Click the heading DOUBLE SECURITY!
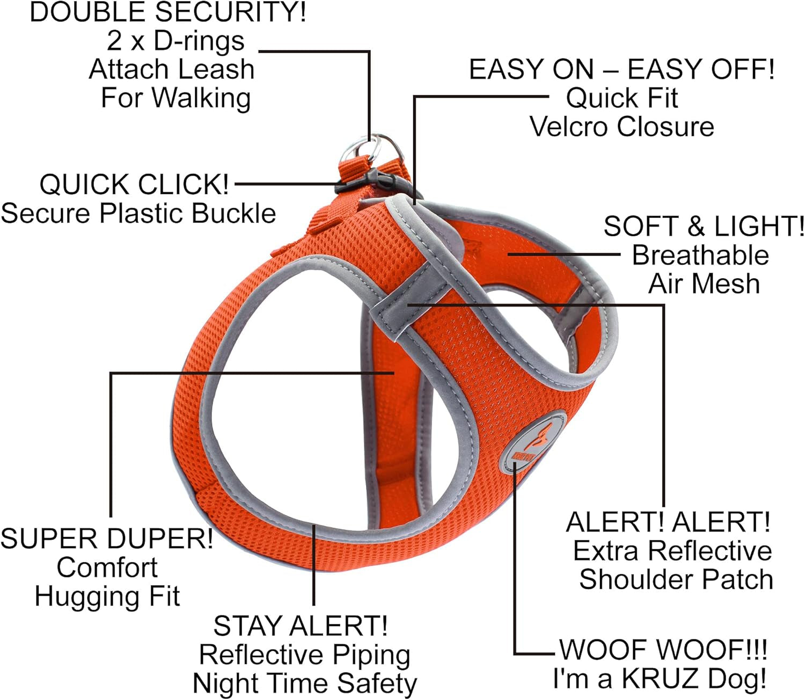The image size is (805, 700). [x=168, y=12]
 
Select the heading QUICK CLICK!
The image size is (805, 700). [x=134, y=184]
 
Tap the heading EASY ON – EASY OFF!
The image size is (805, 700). [x=621, y=69]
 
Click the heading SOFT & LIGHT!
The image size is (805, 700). [x=704, y=226]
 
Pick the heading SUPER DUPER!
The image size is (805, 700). [x=107, y=538]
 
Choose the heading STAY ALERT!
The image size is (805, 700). [x=300, y=626]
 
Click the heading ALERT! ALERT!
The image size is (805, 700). [x=668, y=522]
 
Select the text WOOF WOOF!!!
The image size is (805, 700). [x=663, y=650]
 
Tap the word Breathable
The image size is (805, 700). [x=700, y=255]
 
